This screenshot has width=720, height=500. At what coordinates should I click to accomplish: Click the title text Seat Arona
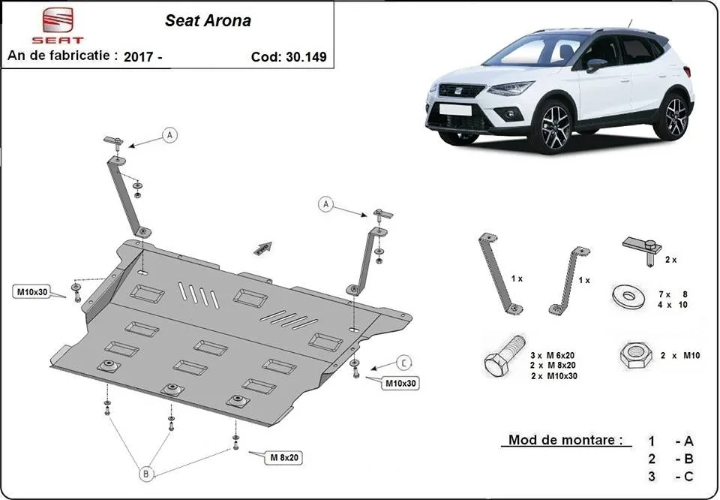(x=208, y=21)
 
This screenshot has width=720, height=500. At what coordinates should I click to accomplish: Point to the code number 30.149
(x=305, y=57)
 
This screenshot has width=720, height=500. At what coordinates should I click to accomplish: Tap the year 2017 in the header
(x=139, y=57)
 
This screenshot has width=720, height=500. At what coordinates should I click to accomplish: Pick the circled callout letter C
(x=403, y=363)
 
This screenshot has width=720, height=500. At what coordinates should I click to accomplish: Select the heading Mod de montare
(x=565, y=441)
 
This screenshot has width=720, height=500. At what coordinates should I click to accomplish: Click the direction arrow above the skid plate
(x=262, y=248)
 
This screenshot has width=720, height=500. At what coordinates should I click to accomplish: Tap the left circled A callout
(x=170, y=135)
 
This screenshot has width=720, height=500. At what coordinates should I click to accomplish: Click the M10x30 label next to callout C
(x=401, y=384)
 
